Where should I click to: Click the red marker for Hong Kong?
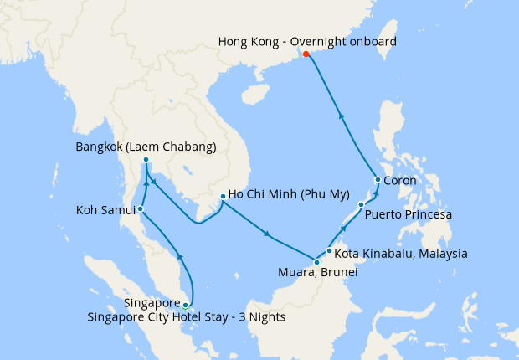pyautogui.click(x=306, y=54)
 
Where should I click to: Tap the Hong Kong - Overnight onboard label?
pyautogui.click(x=307, y=41)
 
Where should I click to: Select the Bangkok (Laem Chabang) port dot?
pyautogui.click(x=146, y=160)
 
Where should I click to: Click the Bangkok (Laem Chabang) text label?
pyautogui.click(x=146, y=147)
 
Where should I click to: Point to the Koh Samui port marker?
pyautogui.click(x=141, y=208)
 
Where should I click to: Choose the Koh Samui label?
pyautogui.click(x=105, y=209)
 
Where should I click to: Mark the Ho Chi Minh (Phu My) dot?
pyautogui.click(x=222, y=197)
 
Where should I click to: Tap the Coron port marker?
pyautogui.click(x=378, y=180)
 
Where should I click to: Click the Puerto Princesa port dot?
pyautogui.click(x=361, y=204)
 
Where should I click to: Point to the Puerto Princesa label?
pyautogui.click(x=409, y=215)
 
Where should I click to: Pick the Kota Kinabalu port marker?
pyautogui.click(x=330, y=250)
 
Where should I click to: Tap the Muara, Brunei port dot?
pyautogui.click(x=316, y=263)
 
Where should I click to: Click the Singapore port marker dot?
pyautogui.click(x=185, y=306)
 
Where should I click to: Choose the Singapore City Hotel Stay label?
pyautogui.click(x=187, y=316)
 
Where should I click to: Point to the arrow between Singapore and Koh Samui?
pyautogui.click(x=180, y=255)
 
